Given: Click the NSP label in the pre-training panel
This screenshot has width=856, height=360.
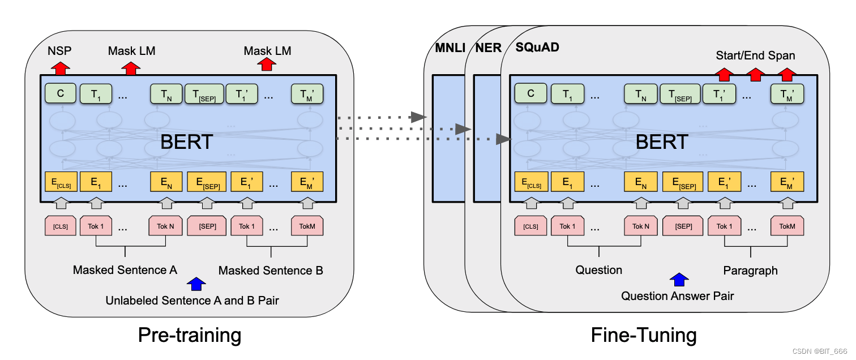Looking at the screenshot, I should (x=59, y=51).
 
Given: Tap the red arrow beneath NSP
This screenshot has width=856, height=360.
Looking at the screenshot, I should (x=60, y=68).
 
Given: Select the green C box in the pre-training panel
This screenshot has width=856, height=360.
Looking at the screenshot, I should (x=61, y=93).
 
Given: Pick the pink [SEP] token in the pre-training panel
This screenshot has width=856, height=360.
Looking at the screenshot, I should (x=207, y=226).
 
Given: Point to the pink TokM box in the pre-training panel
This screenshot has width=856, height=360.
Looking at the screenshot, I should (x=307, y=226).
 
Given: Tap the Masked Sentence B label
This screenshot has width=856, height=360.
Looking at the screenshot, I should (x=271, y=271).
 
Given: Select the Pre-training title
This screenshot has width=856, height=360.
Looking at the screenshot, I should (x=190, y=335).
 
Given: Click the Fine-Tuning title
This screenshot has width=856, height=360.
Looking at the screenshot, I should (x=644, y=335).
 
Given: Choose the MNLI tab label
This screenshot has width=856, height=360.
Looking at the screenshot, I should (x=450, y=48).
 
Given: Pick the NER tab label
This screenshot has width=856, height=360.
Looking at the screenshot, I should (x=488, y=48).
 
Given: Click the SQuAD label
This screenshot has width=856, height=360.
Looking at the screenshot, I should (x=537, y=48).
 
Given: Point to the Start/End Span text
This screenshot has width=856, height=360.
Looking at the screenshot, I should (x=755, y=55).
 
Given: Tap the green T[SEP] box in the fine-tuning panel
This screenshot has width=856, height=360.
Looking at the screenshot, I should (x=679, y=94).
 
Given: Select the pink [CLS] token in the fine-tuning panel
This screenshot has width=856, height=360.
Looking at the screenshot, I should (x=530, y=226).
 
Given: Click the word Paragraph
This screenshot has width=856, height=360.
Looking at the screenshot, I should (x=750, y=271).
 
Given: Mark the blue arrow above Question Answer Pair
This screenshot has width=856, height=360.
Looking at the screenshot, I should (x=679, y=279).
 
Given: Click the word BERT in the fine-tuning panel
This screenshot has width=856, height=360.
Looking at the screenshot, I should (x=662, y=142).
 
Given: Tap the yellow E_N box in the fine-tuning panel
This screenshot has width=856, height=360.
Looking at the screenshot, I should (x=641, y=182).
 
